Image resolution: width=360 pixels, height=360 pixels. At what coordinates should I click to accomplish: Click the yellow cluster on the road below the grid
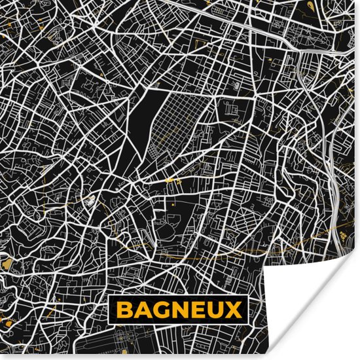171,179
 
